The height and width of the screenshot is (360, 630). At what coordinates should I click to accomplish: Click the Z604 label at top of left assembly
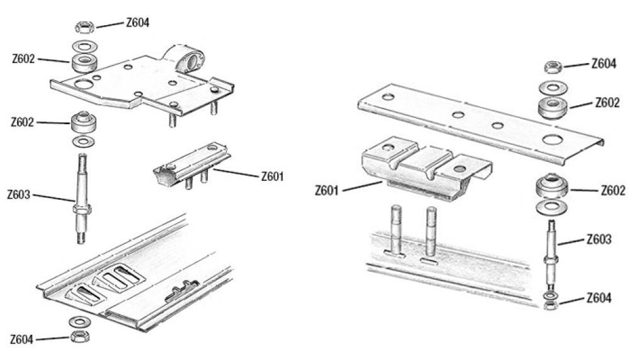click(x=137, y=23)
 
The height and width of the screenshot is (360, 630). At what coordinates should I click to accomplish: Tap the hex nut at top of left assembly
click(x=84, y=27)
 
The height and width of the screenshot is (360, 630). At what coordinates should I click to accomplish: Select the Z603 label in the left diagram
click(x=18, y=195)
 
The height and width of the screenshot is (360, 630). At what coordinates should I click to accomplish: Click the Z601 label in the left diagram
click(x=272, y=176)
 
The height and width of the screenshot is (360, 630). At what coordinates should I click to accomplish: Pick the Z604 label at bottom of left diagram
click(x=21, y=339)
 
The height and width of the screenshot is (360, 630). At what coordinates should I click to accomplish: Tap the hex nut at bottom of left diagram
click(x=80, y=336)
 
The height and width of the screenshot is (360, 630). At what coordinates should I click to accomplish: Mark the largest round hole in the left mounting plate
click(x=84, y=84)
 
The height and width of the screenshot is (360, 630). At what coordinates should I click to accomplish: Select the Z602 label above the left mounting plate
click(x=23, y=59)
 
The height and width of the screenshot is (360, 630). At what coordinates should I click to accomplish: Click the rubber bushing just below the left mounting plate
click(x=84, y=122)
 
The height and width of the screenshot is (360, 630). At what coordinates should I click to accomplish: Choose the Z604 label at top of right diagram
click(x=604, y=64)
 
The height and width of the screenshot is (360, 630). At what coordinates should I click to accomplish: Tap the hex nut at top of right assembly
click(x=553, y=67)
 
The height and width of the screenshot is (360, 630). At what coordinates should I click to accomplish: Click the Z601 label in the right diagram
click(x=326, y=190)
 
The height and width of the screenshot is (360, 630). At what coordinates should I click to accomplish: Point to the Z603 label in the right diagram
click(x=598, y=240)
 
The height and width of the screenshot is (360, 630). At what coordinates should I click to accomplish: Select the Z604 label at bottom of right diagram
click(x=598, y=298)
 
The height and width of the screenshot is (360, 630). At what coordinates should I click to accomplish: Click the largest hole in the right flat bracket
click(x=552, y=140)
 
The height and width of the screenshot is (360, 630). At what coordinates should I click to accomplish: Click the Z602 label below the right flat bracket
click(x=613, y=190)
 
